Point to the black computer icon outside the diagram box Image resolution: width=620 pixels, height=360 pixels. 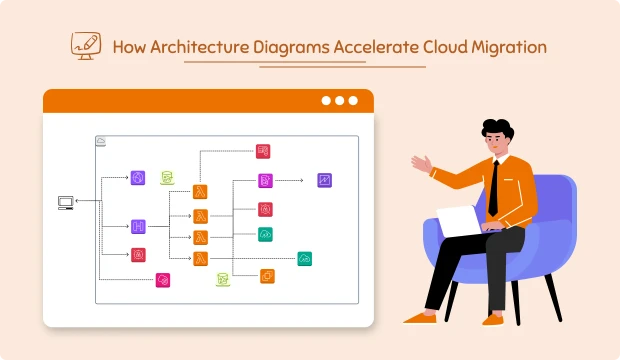[x=66, y=202]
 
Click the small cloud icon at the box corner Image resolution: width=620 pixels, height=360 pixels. [x=101, y=142]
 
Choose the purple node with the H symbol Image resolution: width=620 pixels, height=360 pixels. [x=138, y=227]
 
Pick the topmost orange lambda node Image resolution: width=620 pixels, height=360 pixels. [x=200, y=191]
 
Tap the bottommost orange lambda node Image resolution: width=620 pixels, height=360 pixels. [x=200, y=258]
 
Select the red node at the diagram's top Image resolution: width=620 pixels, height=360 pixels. [x=263, y=151]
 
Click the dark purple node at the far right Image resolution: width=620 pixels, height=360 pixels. [x=324, y=180]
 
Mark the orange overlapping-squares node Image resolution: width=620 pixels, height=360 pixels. [x=267, y=275]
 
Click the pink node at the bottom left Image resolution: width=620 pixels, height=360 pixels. [x=163, y=280]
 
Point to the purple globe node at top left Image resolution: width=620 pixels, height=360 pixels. [x=138, y=178]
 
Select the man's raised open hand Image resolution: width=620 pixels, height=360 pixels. [x=421, y=163]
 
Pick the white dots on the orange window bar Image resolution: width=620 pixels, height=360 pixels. [x=339, y=101]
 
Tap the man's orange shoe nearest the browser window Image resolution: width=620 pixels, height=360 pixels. [x=417, y=319]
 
